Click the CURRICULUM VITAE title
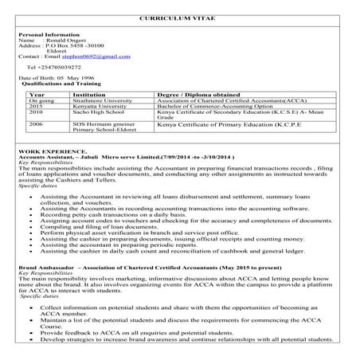180,18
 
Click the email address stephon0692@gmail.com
99,57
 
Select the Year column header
35,95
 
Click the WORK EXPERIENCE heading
47,151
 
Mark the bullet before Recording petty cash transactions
29,215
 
